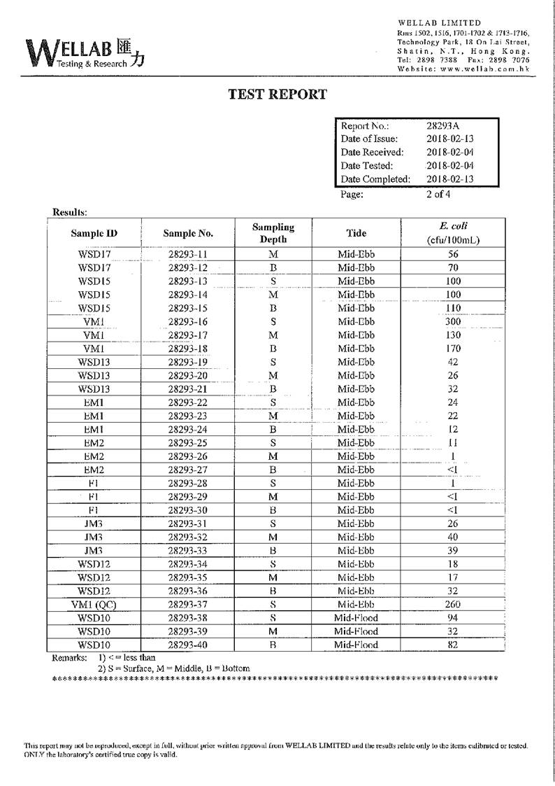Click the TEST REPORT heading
277,94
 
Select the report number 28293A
443,126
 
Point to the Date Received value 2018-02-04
449,153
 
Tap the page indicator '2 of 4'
438,195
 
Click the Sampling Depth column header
273,233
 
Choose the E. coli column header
452,233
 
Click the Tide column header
356,233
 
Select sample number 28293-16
188,322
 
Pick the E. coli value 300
452,322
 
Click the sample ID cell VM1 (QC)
94,605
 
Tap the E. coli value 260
452,605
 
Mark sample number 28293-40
188,645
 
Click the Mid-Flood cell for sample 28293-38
356,618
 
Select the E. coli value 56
452,255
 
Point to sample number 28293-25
188,443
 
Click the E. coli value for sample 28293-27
452,470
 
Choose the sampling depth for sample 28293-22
273,402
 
